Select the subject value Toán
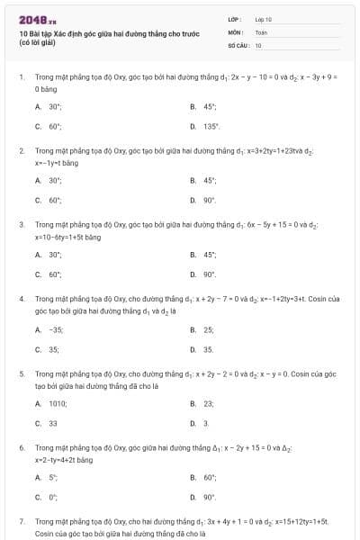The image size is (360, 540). click(x=261, y=31)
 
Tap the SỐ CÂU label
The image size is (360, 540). click(x=237, y=44)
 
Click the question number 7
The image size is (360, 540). click(x=21, y=521)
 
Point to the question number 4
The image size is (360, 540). click(x=21, y=298)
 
